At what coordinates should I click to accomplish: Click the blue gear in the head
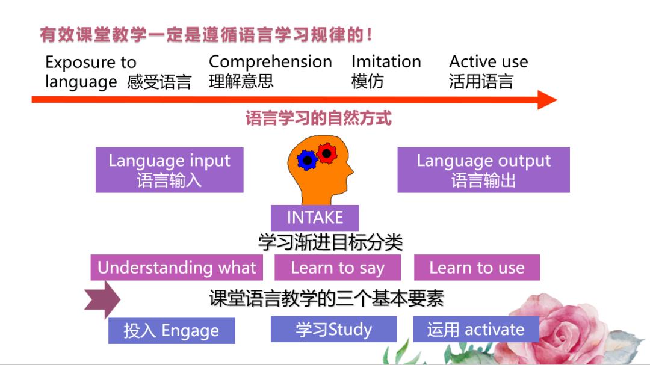point(307,160)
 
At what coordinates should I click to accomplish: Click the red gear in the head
point(327,153)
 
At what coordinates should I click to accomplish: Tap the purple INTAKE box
point(315,218)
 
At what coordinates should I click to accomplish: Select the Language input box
point(170,170)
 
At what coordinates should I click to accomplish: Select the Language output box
point(484,170)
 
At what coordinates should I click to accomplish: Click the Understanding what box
point(176,268)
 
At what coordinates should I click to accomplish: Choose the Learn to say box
point(338,268)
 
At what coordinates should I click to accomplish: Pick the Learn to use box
point(477,268)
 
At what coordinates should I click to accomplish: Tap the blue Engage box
point(172,331)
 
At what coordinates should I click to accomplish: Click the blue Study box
point(333,330)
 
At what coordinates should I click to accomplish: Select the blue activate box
point(476,330)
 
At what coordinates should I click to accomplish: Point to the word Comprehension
point(270,62)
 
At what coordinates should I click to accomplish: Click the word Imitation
point(386,62)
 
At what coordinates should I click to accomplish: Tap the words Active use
point(489,62)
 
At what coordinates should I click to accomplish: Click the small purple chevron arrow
point(102,299)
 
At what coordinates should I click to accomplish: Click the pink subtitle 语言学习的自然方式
point(318,118)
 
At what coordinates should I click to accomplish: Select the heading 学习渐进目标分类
point(330,242)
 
